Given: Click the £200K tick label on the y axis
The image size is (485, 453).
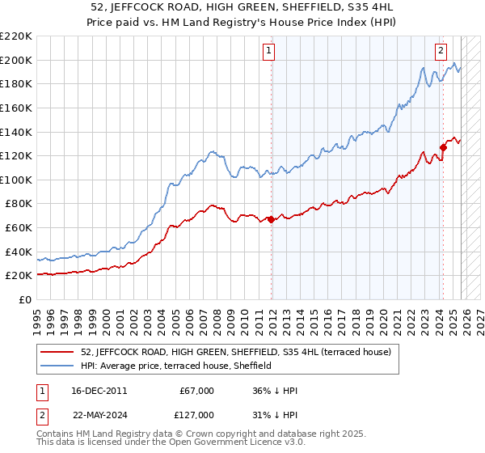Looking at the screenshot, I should point(17,60).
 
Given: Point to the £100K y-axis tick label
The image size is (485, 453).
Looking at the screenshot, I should point(17,180).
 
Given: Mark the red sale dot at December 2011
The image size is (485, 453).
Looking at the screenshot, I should point(271,219).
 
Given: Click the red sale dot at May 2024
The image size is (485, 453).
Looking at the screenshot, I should point(443,147).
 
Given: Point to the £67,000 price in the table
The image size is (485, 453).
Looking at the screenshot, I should point(197,391).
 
